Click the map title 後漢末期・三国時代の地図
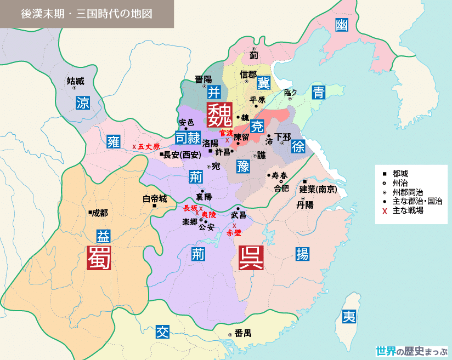[87, 14]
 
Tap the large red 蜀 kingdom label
[99, 258]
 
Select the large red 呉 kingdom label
[251, 258]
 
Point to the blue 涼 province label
[82, 102]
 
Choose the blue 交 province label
[162, 332]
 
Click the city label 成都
[100, 213]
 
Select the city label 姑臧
[76, 81]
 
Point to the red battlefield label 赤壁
[234, 232]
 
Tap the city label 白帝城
[155, 198]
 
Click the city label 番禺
[243, 333]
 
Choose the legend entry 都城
[400, 174]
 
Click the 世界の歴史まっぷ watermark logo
[411, 350]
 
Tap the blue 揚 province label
[302, 253]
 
